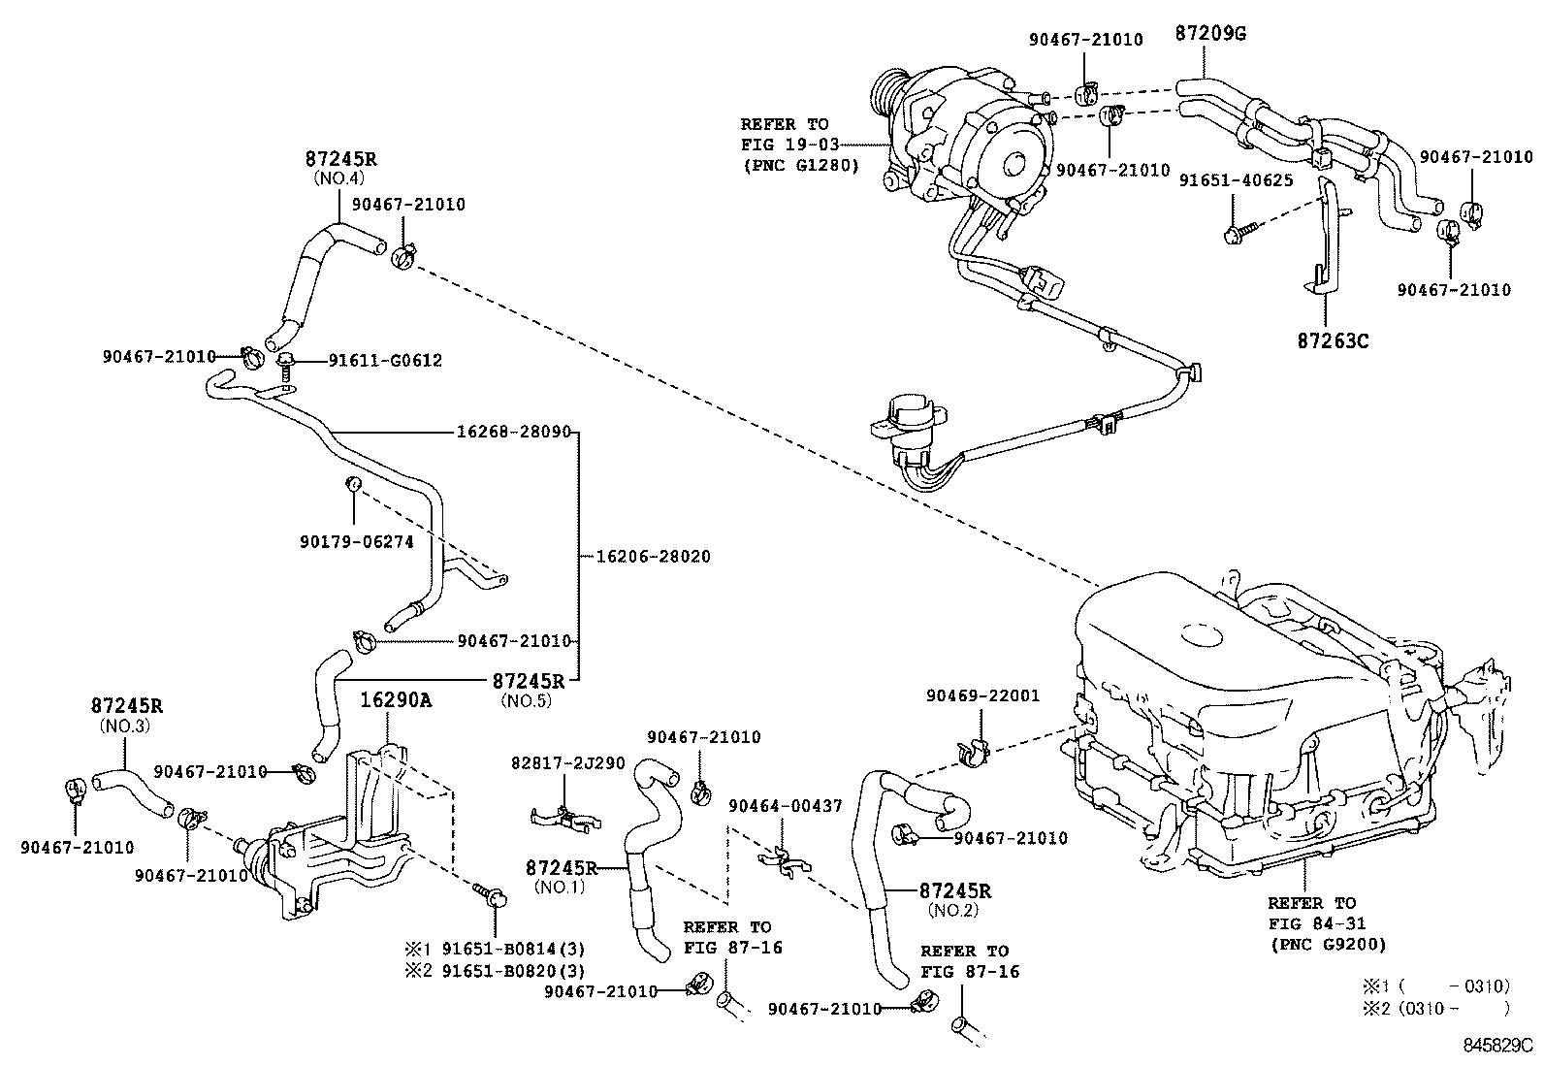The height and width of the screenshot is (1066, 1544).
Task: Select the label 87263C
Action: point(1333,341)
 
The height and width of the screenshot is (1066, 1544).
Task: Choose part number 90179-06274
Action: point(356,542)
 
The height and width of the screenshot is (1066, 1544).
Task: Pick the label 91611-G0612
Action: point(385,361)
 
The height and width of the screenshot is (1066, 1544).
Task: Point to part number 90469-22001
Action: point(982,695)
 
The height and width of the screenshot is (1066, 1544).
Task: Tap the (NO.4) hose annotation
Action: point(338,178)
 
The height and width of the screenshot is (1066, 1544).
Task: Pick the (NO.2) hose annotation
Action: point(954,911)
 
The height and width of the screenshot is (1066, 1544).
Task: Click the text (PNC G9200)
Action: point(1327,944)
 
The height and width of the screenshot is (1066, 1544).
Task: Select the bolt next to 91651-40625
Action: point(1240,230)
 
